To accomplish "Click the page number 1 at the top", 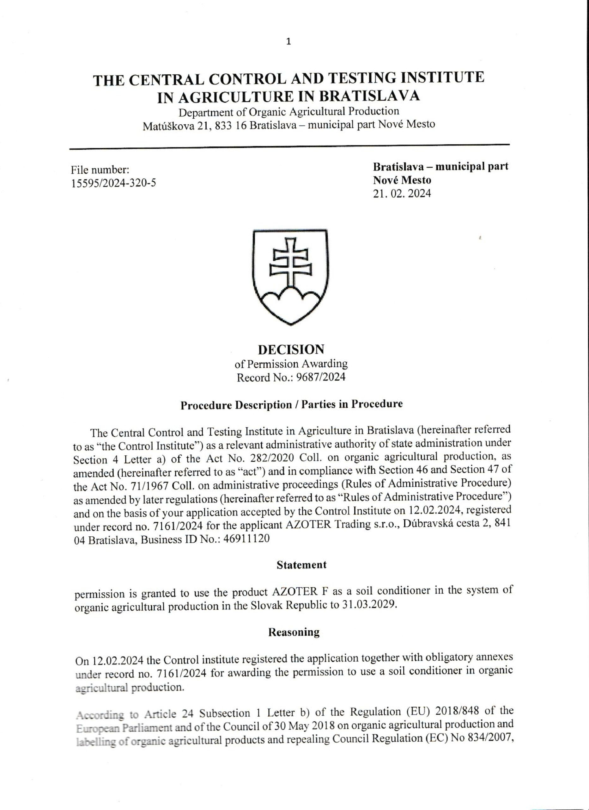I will (x=288, y=42).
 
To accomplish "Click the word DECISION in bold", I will (x=291, y=349).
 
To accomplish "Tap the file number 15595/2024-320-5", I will (x=114, y=183).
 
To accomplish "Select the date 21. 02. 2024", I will (x=402, y=194).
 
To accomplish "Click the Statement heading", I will (x=301, y=565).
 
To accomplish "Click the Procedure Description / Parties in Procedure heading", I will (x=291, y=405).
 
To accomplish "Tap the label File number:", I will (x=100, y=170).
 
